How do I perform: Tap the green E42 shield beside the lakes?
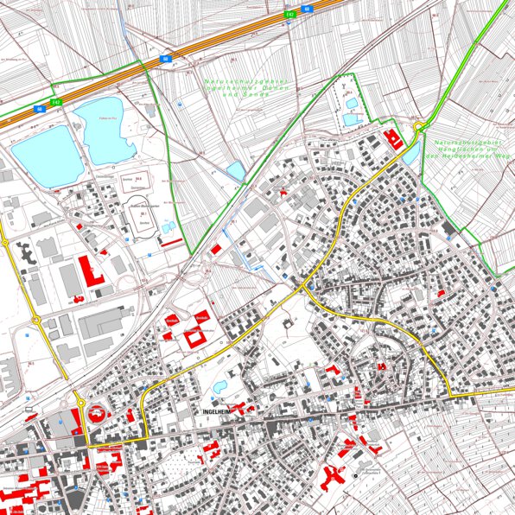pyautogui.click(x=40, y=109)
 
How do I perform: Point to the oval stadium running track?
pyautogui.click(x=140, y=208)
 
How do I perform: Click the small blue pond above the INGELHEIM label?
pyautogui.click(x=220, y=385)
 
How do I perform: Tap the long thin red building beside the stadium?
pyautogui.click(x=172, y=241)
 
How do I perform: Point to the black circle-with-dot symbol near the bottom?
pyautogui.click(x=354, y=477)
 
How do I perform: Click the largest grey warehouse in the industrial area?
pyautogui.click(x=107, y=325)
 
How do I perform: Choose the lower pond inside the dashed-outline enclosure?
pyautogui.click(x=350, y=119)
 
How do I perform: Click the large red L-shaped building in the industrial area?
pyautogui.click(x=89, y=270)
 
